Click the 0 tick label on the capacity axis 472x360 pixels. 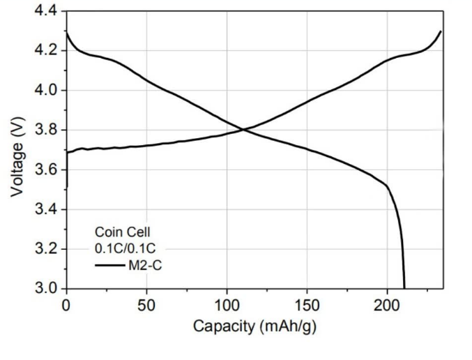(x=66, y=304)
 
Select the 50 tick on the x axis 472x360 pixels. (x=146, y=304)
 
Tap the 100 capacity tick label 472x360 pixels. (x=227, y=304)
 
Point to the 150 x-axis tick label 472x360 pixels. (x=307, y=304)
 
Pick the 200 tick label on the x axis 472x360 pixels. (x=388, y=304)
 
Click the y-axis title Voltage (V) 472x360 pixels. (x=19, y=150)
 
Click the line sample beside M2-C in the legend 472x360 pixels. (x=110, y=264)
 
